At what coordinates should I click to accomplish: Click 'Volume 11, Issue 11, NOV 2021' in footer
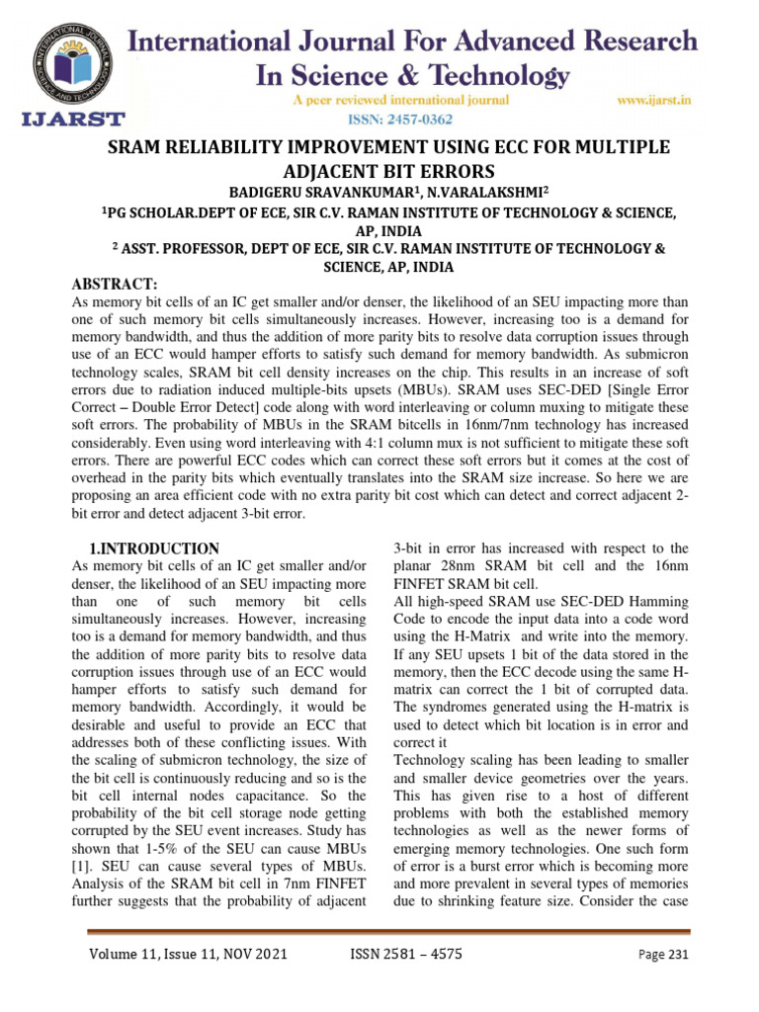tap(177, 955)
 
